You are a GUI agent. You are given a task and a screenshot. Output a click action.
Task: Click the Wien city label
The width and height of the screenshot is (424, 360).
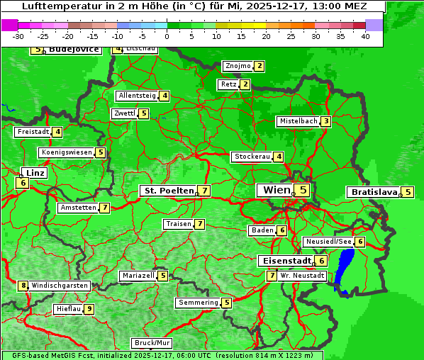277,190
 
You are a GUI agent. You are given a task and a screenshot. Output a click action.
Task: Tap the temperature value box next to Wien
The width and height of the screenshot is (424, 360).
303,190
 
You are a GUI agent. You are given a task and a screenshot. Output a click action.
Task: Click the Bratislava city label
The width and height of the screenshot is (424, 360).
373,192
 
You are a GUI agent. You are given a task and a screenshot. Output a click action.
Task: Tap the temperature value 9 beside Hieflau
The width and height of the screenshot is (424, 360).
89,309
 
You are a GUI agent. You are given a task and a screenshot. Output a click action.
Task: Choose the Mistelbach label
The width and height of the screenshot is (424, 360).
298,121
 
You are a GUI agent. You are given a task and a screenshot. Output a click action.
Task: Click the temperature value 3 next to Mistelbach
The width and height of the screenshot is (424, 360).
325,121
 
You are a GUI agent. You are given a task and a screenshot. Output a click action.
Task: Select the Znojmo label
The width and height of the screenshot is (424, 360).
238,66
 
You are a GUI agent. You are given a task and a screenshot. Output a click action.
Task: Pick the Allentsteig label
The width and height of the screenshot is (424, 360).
137,96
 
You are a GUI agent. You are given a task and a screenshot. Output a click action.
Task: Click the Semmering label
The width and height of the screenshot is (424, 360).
199,303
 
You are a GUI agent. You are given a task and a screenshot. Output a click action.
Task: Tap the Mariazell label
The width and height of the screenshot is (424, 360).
138,276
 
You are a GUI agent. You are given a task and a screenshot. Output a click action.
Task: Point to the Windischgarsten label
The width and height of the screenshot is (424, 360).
60,286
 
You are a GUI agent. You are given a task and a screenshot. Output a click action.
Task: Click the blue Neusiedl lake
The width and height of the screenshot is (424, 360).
345,269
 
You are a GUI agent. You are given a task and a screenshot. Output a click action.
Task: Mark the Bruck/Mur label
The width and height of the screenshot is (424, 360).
152,342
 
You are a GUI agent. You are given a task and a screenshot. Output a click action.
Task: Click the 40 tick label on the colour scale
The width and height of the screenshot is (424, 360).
365,36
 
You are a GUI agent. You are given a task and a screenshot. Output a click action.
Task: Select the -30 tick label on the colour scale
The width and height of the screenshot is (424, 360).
18,36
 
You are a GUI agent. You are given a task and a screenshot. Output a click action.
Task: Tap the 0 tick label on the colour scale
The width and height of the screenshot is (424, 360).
167,36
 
